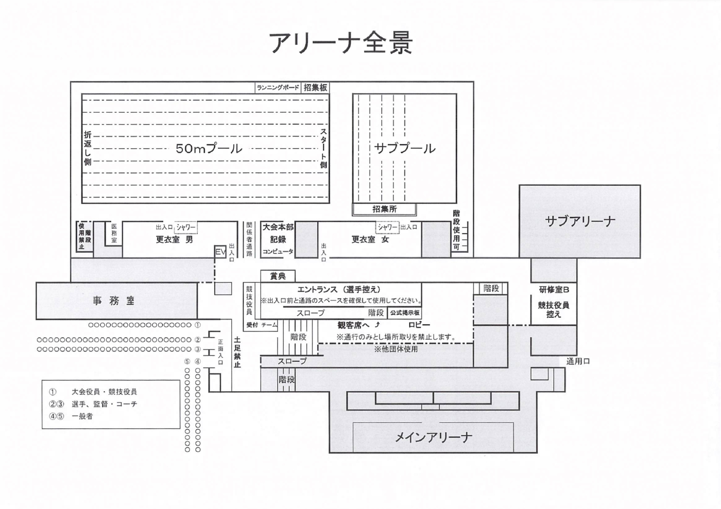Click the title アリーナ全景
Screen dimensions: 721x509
pos(341,43)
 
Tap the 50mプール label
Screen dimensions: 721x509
pos(209,148)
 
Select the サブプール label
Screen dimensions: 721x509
pos(405,148)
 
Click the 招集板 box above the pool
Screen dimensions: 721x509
pos(315,87)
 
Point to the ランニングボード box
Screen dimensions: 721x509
pos(278,87)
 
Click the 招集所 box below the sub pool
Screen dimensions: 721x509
pos(384,209)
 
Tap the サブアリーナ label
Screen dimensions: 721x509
pos(580,221)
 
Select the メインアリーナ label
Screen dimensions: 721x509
pos(433,437)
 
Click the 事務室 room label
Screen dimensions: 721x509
pos(114,301)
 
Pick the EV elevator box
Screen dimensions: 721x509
pos(220,252)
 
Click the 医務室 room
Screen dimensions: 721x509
pos(114,233)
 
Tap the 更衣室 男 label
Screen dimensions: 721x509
pos(174,239)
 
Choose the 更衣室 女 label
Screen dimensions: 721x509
pos(370,239)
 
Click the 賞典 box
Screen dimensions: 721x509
pos(278,276)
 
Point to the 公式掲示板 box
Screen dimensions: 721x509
pos(405,313)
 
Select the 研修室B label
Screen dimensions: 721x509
pos(554,290)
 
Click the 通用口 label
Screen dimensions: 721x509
pos(578,361)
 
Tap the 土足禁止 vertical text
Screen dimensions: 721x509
pos(237,353)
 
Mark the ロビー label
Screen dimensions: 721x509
pos(419,325)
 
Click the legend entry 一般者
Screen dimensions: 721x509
pos(82,416)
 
